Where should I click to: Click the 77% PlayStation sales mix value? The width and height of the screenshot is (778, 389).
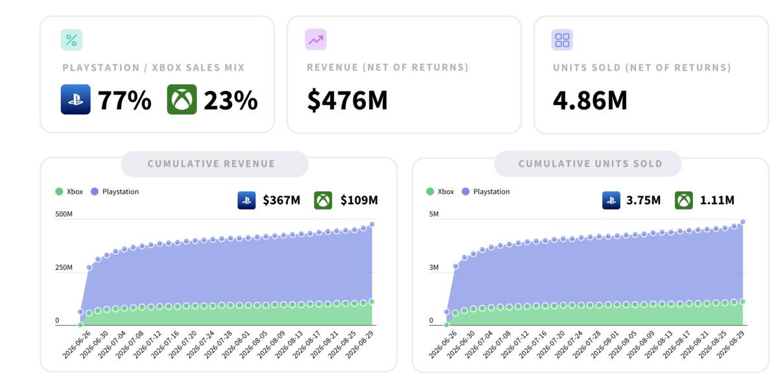tap(124, 100)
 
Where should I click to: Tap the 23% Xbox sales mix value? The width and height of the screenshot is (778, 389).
tap(231, 100)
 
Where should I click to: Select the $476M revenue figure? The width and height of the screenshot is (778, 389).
tap(348, 100)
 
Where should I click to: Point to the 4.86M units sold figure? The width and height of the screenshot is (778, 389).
tap(590, 100)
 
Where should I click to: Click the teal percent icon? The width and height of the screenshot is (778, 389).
tap(71, 40)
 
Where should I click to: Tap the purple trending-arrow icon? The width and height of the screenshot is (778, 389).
tap(316, 40)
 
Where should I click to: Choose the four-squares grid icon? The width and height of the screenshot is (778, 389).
tap(562, 40)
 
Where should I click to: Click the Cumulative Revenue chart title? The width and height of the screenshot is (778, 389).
tap(211, 163)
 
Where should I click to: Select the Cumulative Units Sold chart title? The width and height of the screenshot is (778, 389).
tap(591, 163)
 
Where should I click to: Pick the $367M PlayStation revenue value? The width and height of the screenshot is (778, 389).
tap(281, 200)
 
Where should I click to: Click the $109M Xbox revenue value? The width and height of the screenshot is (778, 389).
tap(359, 200)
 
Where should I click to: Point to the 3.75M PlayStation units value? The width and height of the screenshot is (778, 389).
tap(643, 200)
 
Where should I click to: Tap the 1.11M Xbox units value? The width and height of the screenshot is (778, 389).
tap(717, 200)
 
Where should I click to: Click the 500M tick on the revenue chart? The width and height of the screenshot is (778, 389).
tap(64, 214)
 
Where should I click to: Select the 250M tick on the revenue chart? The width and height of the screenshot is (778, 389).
tap(64, 267)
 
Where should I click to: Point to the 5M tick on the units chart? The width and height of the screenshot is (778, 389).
tap(434, 214)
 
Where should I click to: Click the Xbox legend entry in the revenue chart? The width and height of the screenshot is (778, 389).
tap(69, 191)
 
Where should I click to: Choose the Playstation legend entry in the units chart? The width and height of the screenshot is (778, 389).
tap(486, 191)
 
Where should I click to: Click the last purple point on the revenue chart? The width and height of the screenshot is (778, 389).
tap(372, 224)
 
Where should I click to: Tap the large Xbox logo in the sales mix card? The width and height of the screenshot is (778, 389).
tap(182, 99)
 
